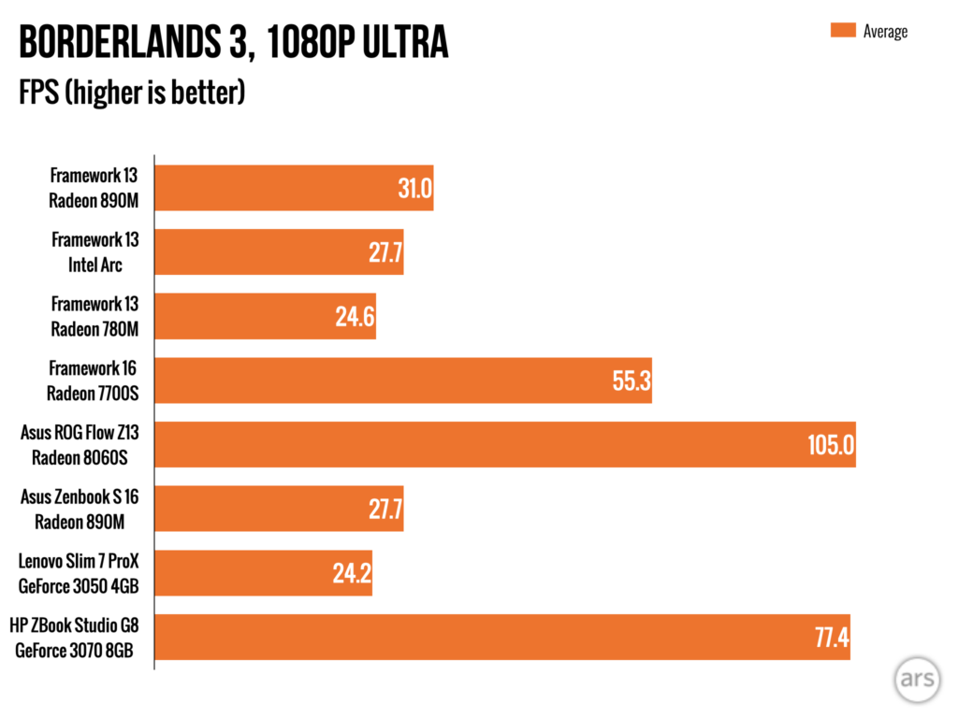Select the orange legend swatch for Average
point(843,31)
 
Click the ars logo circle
point(916,680)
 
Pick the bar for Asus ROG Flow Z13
point(505,444)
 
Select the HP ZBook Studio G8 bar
point(502,637)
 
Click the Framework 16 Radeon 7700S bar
point(402,380)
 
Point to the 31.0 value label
point(414,189)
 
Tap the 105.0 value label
point(831,445)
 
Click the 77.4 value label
point(831,639)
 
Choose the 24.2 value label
point(352,574)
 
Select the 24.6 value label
point(355,318)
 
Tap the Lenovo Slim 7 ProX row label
point(84,573)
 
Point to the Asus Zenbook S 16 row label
point(85,510)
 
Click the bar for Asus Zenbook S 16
point(279,509)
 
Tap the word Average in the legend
point(885,31)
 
